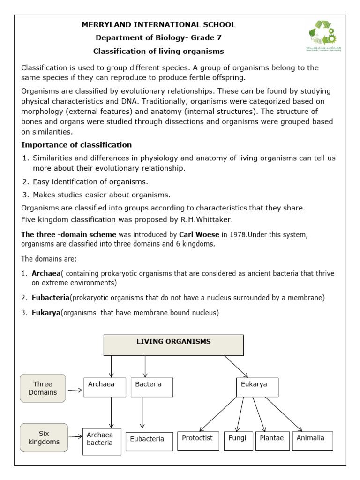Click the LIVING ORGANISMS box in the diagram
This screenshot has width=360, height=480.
(x=173, y=345)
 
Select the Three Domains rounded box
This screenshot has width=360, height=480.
(x=43, y=388)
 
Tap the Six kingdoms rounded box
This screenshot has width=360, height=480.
(x=44, y=438)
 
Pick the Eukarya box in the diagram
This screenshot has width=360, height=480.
(x=257, y=387)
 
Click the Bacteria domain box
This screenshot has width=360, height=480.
(x=152, y=387)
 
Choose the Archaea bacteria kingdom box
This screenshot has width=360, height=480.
(x=101, y=441)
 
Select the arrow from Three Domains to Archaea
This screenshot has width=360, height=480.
(x=74, y=390)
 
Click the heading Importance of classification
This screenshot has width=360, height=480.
(x=76, y=144)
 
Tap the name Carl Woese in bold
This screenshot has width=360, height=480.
(x=198, y=234)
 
